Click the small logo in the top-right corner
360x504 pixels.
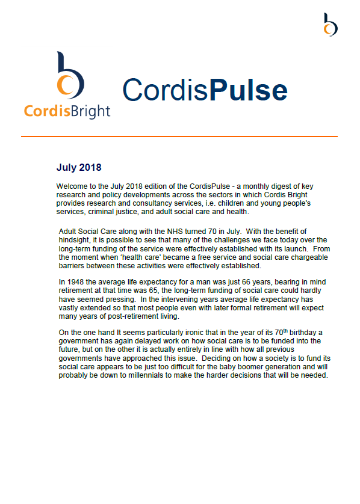[330, 24]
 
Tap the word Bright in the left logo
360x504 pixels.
[88, 111]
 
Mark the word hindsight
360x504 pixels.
[76, 240]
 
